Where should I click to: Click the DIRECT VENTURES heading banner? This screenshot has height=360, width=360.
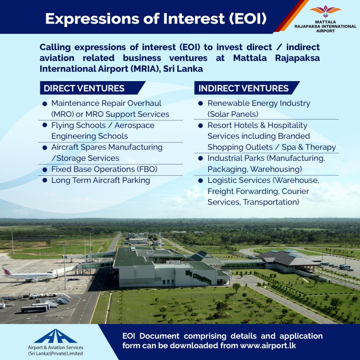(x=92, y=88)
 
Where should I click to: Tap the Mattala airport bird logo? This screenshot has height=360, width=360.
(x=325, y=11)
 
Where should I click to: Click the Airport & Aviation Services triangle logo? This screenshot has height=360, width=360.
(x=55, y=336)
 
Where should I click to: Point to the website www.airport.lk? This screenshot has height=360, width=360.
(x=268, y=345)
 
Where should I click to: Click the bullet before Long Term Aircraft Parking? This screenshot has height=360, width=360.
(x=45, y=180)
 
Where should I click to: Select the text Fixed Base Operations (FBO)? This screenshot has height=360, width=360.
(x=104, y=169)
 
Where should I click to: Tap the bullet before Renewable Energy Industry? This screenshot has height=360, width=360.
(x=201, y=103)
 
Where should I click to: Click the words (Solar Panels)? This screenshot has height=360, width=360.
(x=233, y=114)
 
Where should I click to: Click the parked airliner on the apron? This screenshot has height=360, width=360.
(x=30, y=275)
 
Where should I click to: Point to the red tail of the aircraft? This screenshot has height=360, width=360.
(x=6, y=271)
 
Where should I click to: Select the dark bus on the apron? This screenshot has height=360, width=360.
(x=34, y=309)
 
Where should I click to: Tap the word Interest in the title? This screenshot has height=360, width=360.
(x=194, y=18)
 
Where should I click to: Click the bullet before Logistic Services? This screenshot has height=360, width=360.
(x=201, y=180)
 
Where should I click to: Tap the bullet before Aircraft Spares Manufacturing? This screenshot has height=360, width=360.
(x=45, y=147)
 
